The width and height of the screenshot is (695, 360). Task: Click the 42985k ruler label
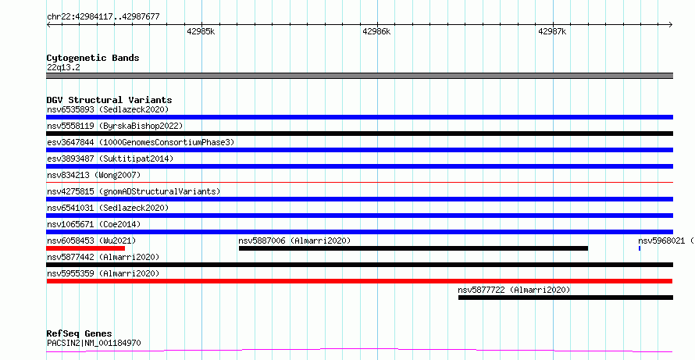[x=201, y=31]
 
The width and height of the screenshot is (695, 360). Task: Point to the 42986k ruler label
[x=376, y=31]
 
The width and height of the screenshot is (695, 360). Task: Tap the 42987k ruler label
[x=552, y=31]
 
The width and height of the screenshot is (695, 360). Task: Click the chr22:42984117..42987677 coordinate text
[x=103, y=17]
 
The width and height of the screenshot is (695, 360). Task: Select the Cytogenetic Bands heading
[x=93, y=58]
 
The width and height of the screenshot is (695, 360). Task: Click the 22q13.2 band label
[x=63, y=68]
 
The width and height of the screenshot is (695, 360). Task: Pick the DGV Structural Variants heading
[x=109, y=100]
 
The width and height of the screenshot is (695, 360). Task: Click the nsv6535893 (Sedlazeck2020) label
[x=108, y=109]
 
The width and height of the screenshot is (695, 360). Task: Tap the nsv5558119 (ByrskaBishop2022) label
[x=115, y=126]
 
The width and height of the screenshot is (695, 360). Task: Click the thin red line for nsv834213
[x=359, y=182]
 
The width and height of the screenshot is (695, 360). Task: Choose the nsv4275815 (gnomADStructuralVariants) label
[x=134, y=191]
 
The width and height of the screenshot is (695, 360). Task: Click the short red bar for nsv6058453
[x=86, y=248]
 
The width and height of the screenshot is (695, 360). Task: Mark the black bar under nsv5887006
[x=413, y=248]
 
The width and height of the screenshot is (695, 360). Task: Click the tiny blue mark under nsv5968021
[x=639, y=248]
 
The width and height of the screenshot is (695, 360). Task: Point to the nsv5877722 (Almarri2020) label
[x=514, y=290]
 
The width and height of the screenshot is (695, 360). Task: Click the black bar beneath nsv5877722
[x=565, y=298]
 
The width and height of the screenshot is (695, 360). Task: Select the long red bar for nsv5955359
[x=359, y=281]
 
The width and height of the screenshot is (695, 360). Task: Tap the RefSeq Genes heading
[x=80, y=333]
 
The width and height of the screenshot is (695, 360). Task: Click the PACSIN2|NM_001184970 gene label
[x=94, y=343]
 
